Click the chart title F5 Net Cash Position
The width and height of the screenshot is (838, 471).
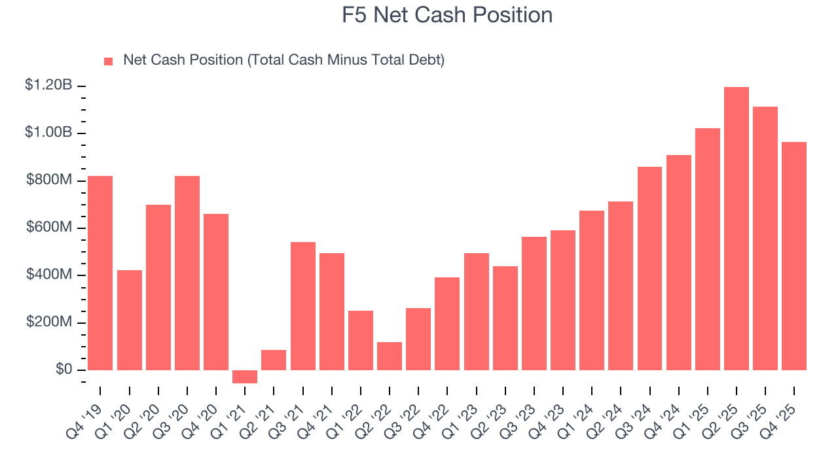447,15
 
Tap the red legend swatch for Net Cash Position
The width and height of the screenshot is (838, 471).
109,61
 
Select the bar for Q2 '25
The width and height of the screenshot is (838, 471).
737,228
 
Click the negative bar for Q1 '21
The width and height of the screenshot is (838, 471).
245,377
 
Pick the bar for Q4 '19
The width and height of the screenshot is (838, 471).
100,273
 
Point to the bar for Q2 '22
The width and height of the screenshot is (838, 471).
390,356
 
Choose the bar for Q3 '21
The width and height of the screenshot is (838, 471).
303,306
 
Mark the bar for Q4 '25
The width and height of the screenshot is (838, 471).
794,256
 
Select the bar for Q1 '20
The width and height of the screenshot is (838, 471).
130,320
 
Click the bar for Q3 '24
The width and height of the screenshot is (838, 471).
649,268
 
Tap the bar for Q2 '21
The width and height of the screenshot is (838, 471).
274,360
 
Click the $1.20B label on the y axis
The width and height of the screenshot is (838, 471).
48,85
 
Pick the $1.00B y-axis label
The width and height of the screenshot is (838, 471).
48,132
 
